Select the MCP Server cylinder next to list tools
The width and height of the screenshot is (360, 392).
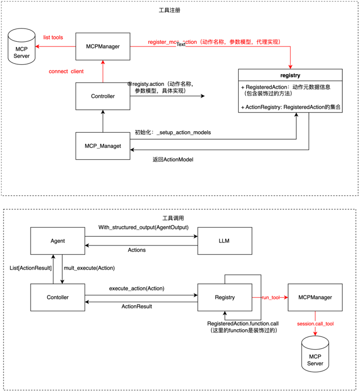(21, 47)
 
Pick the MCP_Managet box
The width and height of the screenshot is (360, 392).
(102, 146)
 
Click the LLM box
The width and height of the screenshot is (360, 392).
(223, 241)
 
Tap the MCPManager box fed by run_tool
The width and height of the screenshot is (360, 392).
(315, 297)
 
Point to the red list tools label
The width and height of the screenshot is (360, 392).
(53, 38)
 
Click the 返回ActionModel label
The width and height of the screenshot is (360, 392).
(173, 159)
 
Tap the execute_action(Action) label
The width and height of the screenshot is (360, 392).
(137, 288)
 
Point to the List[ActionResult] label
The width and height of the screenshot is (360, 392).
(31, 268)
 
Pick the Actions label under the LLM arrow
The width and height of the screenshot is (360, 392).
(136, 250)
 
